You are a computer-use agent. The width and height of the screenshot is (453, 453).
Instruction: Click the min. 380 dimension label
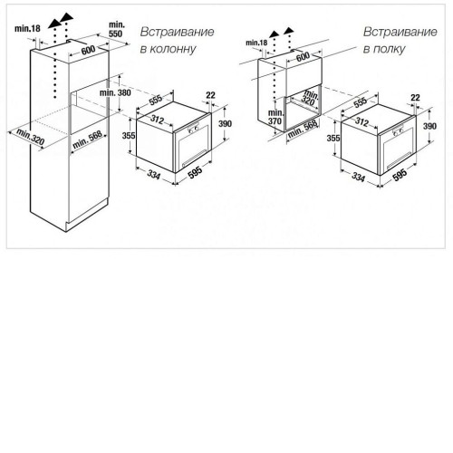pos(115,92)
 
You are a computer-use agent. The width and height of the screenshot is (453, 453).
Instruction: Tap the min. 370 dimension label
pos(275,117)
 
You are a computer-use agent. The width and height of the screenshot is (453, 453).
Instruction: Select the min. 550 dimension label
pos(116,29)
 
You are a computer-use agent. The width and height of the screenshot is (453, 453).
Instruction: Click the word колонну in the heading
pos(173,49)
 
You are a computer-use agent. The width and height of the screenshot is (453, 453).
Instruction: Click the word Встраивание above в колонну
pos(178,32)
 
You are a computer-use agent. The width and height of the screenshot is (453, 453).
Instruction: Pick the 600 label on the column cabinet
pos(88,50)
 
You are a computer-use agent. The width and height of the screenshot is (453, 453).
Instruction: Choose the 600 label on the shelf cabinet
pos(303,56)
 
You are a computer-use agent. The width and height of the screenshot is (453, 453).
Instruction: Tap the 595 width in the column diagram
pos(195,171)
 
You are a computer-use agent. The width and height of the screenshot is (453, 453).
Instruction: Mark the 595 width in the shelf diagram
pos(400,175)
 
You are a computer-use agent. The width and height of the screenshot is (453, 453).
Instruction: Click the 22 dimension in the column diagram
pos(210,95)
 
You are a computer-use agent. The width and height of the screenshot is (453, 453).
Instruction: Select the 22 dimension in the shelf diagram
pos(415,98)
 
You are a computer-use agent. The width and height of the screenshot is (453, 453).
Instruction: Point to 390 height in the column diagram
pos(225,123)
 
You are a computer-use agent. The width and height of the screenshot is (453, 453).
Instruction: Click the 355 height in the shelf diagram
pos(333,138)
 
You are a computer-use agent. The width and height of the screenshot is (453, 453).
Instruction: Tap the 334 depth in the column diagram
pos(154,174)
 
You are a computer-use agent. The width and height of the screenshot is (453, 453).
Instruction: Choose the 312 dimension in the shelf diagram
pos(361,121)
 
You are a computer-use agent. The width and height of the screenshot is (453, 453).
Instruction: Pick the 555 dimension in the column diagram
pos(156,100)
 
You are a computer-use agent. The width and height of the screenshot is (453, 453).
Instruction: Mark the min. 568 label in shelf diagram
pos(303,129)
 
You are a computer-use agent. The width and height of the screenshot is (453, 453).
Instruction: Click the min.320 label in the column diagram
pos(31,137)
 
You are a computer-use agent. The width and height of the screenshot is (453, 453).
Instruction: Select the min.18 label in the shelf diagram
pos(256,43)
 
